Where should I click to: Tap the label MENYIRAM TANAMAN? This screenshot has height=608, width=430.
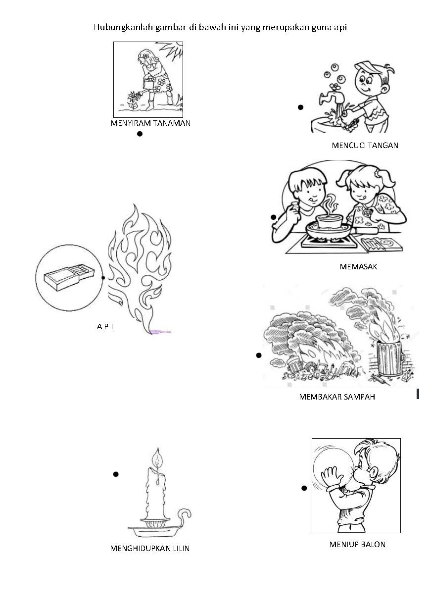point(150,123)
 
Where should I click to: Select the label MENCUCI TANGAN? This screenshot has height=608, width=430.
point(365,146)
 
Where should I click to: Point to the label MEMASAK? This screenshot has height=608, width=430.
point(358,266)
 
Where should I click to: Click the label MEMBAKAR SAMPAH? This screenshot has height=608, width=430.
point(337,397)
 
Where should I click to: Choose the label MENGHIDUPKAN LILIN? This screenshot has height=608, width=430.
point(150,548)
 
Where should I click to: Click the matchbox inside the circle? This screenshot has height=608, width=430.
point(69,278)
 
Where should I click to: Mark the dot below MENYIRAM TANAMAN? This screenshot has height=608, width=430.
point(140,134)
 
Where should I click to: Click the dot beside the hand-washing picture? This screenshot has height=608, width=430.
point(300,107)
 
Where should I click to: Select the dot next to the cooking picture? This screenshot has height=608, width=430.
point(273,217)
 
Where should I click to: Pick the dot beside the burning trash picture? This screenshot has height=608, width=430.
point(259,355)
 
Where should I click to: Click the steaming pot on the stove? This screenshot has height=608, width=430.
point(329,221)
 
